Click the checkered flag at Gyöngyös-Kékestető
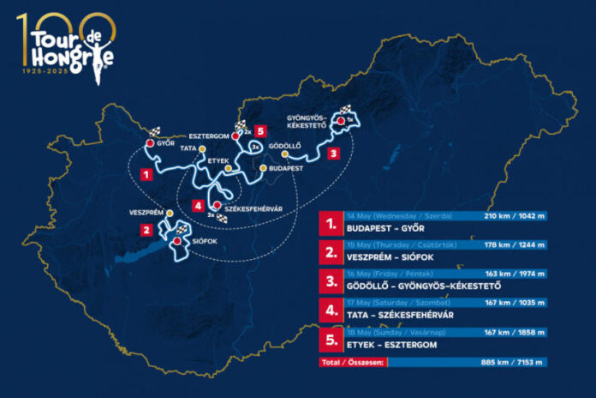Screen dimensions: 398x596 point(349,112)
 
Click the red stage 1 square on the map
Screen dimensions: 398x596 point(147,173)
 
